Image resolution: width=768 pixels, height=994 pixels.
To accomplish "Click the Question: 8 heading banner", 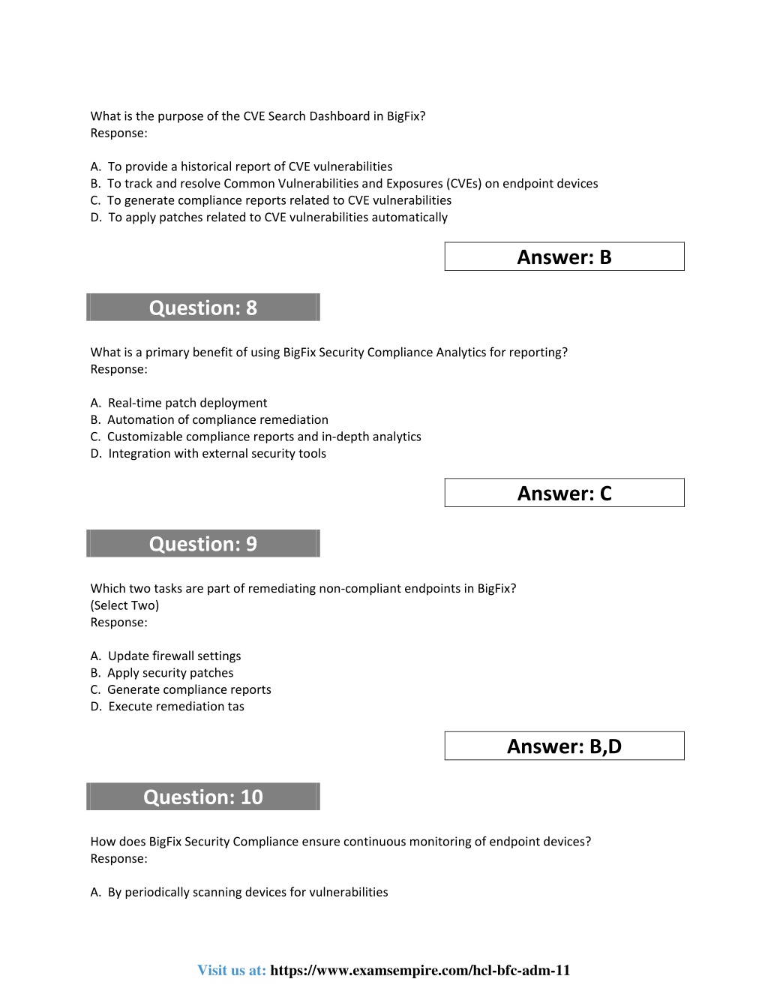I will [x=203, y=308].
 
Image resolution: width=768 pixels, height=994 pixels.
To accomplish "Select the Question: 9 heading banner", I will [x=203, y=544].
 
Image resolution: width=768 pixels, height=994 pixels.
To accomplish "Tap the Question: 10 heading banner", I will [x=203, y=797].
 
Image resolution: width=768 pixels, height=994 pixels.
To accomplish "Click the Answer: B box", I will [x=564, y=257].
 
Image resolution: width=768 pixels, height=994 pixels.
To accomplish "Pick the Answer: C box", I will [x=564, y=493].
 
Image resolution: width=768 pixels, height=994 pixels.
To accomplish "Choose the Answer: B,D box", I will [x=564, y=746].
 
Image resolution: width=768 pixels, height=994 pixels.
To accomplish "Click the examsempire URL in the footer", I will [x=420, y=970].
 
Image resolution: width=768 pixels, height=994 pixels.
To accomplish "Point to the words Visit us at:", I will [x=232, y=970].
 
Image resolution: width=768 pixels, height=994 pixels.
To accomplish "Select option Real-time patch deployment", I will [x=187, y=403].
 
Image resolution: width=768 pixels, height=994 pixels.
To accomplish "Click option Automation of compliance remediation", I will [x=217, y=419].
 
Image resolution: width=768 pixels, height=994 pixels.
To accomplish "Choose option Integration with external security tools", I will [x=217, y=453].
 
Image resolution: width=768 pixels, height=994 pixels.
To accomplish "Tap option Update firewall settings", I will [x=174, y=656].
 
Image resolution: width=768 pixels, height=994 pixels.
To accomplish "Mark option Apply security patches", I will [x=170, y=673].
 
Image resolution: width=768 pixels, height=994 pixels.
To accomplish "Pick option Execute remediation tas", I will [x=176, y=706].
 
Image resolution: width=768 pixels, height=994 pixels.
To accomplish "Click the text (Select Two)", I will [x=124, y=605].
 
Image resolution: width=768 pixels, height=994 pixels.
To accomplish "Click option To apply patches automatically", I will [x=277, y=217].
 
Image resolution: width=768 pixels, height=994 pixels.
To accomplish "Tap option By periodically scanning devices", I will [x=247, y=892].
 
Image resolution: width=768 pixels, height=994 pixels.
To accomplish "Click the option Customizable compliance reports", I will [x=264, y=437].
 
